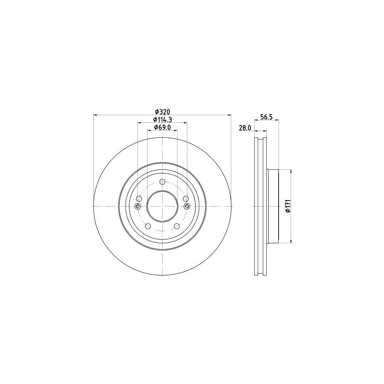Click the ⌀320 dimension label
click(162, 111)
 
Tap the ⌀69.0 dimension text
click(162, 127)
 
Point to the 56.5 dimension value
click(267, 116)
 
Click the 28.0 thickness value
click(244, 127)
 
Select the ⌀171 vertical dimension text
click(288, 206)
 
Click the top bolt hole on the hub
click(162, 182)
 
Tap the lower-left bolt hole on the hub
click(148, 227)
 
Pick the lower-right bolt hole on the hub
click(176, 227)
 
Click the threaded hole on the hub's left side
click(137, 207)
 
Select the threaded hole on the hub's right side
click(187, 207)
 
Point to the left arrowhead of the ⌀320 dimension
click(95, 115)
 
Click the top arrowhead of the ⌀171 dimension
click(291, 171)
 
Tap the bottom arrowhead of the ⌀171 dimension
click(291, 241)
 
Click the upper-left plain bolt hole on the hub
click(139, 199)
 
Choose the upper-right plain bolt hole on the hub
click(185, 199)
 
